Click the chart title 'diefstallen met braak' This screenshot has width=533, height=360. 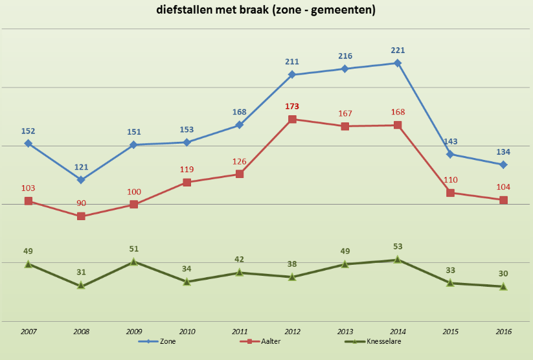click(266, 10)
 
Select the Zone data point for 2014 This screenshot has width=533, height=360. click(398, 63)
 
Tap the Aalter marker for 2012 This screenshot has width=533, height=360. click(292, 119)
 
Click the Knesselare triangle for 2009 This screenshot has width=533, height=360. click(134, 262)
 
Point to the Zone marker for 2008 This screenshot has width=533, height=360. click(81, 179)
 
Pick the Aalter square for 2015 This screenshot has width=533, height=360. click(450, 192)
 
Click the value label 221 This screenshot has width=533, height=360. click(398, 50)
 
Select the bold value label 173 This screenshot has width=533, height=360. click(292, 106)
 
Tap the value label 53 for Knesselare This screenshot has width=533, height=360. click(398, 246)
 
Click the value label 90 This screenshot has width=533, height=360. click(81, 203)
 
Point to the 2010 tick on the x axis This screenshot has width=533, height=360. click(187, 332)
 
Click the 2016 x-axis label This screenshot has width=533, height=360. click(503, 332)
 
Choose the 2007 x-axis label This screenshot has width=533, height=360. click(28, 332)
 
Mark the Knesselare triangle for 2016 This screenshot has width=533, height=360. click(503, 286)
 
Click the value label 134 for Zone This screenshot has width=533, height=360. click(503, 152)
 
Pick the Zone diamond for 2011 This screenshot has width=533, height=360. click(239, 125)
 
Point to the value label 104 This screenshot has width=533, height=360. click(503, 187)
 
